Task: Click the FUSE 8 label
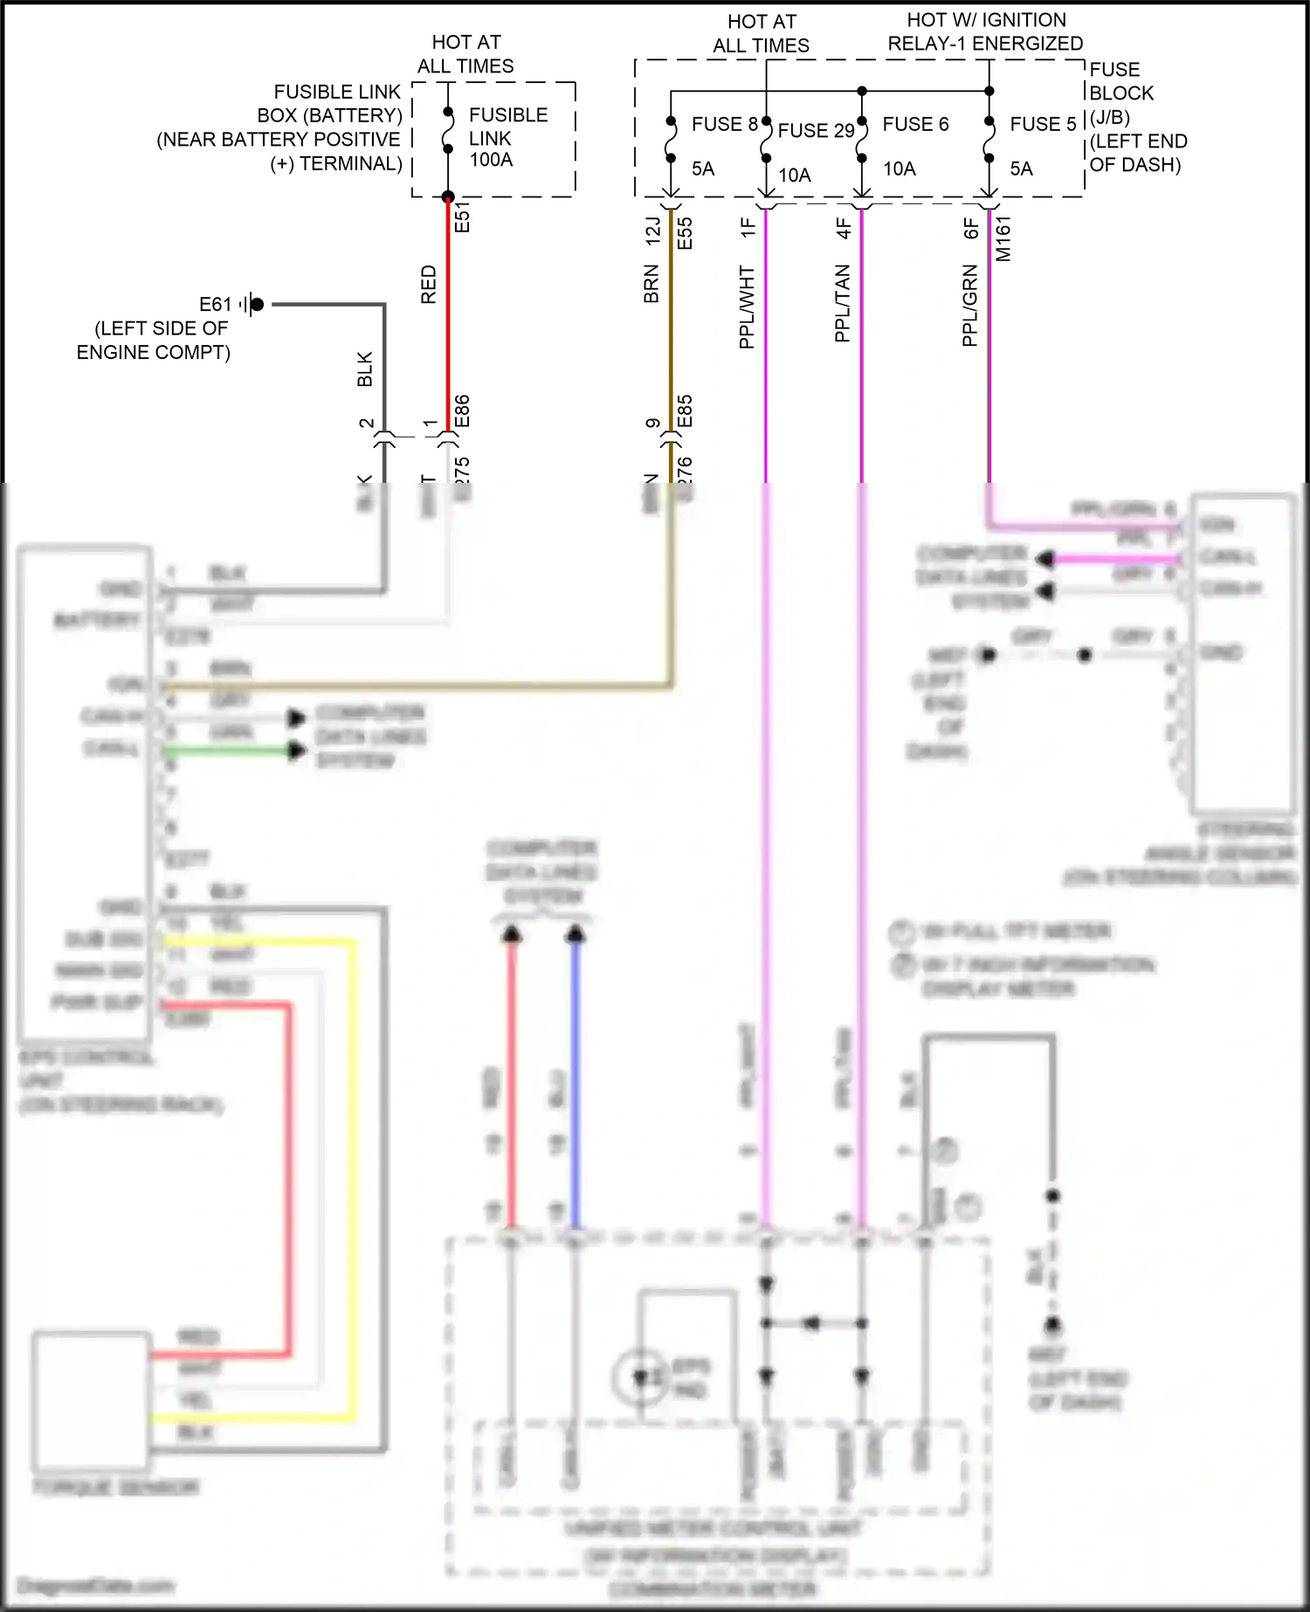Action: (724, 124)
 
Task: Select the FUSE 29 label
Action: (816, 131)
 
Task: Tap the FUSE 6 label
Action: (915, 124)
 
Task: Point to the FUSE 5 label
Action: (1043, 124)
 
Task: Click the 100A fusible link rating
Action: (491, 160)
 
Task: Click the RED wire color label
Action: (429, 285)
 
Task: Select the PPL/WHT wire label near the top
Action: (748, 307)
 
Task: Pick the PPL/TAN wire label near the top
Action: (843, 303)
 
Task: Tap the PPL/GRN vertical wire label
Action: (970, 307)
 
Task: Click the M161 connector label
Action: (1003, 238)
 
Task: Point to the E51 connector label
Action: (463, 217)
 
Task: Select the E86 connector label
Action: (463, 411)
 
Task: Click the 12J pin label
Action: (652, 231)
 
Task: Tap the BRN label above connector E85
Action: (652, 285)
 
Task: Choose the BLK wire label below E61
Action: (365, 369)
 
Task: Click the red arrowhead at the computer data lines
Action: (512, 936)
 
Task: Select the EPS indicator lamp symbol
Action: (642, 1377)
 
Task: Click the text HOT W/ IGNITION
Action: (986, 20)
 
